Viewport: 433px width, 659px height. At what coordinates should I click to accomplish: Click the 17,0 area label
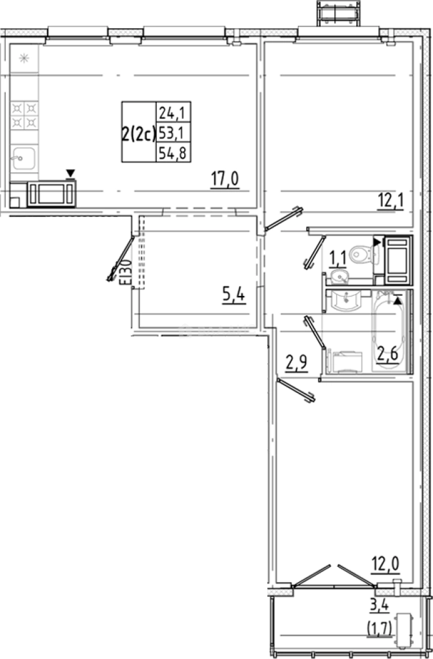(x=224, y=180)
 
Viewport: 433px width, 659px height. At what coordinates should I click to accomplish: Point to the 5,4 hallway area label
(x=234, y=297)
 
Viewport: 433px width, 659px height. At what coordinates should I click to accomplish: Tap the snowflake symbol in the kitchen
(x=24, y=59)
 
